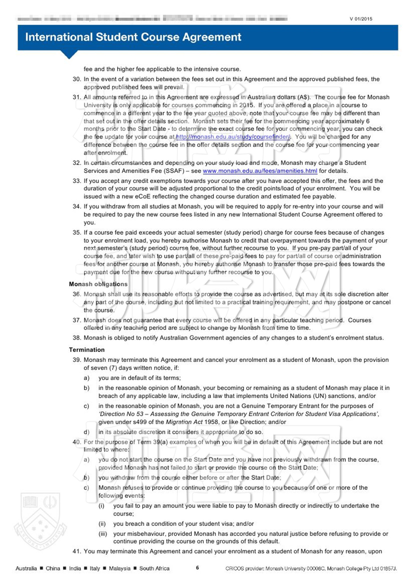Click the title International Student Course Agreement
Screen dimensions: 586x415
tap(133, 37)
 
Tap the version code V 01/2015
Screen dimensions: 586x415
tap(361, 19)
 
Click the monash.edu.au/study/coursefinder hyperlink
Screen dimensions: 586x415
tap(233, 137)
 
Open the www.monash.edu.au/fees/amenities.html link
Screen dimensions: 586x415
tap(260, 171)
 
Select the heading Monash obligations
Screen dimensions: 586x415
tap(98, 284)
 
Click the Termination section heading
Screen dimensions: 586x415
tap(87, 350)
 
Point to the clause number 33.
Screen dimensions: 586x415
tap(76, 181)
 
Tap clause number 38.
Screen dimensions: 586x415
tap(76, 338)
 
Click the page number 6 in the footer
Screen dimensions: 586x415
tap(197, 568)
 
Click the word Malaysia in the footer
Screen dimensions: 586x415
tap(119, 569)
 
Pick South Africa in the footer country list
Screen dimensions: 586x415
tap(154, 569)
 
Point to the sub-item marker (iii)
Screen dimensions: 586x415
tap(103, 534)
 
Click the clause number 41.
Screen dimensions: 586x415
tap(76, 551)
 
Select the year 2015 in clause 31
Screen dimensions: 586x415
tap(246, 105)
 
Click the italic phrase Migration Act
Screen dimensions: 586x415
tap(184, 422)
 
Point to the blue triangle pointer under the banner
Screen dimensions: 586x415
tap(69, 55)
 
